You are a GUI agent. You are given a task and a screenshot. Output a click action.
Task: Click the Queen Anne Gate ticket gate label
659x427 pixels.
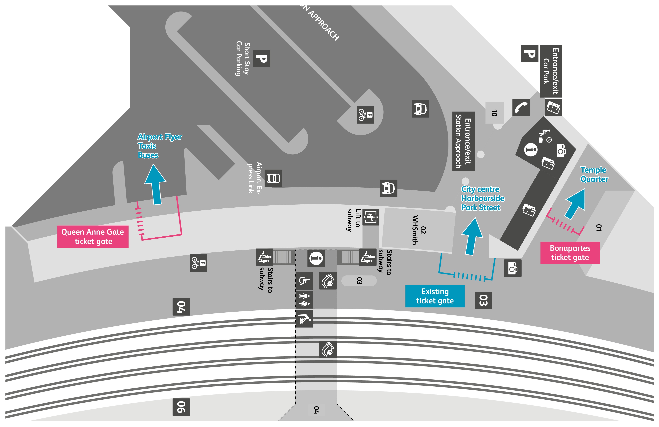click(x=93, y=237)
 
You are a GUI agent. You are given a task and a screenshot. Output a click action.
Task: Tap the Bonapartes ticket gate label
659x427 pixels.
click(x=570, y=253)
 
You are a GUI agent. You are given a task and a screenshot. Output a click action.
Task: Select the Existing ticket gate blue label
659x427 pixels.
click(x=435, y=296)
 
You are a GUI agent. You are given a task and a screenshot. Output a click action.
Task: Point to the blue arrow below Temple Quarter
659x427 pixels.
click(x=576, y=204)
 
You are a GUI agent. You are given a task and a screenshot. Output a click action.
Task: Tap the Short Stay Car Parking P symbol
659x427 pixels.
click(x=262, y=58)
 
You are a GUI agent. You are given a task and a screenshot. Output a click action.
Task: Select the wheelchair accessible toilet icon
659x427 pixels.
click(x=304, y=281)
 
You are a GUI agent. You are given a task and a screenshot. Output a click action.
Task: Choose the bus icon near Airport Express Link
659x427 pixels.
click(x=273, y=178)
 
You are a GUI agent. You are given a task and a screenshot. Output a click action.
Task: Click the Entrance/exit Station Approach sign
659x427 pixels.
click(x=463, y=141)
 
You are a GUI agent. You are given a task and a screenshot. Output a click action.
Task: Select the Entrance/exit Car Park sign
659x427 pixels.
click(x=551, y=71)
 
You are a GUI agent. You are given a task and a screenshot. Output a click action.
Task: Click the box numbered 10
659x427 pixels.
click(x=494, y=113)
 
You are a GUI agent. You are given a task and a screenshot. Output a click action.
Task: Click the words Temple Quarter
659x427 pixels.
click(x=594, y=174)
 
